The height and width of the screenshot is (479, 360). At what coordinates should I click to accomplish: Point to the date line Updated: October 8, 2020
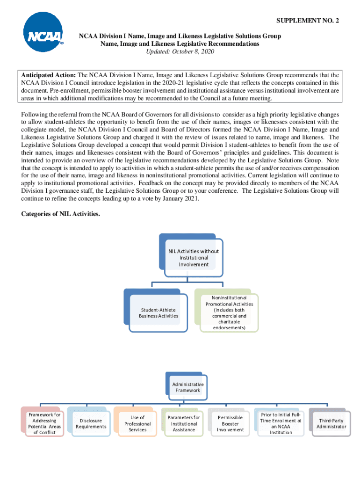coord(180,51)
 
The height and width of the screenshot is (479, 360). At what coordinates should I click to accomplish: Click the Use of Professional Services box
coord(137,423)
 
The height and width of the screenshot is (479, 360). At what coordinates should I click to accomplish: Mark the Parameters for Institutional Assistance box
coord(184,423)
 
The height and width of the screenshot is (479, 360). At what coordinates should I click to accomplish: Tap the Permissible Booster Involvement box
coord(230,423)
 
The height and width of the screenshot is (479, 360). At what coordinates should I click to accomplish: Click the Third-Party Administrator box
coord(331,423)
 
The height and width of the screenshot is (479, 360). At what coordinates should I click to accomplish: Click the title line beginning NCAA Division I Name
coord(180,36)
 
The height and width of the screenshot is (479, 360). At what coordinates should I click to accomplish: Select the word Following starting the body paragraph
coord(35,114)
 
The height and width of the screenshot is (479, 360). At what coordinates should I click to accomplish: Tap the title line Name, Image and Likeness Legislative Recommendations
coord(180,44)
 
